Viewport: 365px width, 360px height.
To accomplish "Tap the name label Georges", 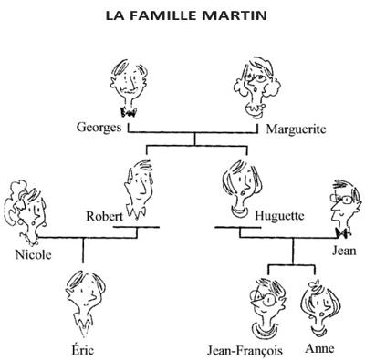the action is (99, 128).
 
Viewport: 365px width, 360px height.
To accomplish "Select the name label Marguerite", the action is (296, 129).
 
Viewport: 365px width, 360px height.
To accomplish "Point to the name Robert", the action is (105, 216).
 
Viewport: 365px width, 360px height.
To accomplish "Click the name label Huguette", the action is (279, 216).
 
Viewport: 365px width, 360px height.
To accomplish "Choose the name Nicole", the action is (33, 254).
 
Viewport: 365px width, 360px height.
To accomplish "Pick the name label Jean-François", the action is (245, 350).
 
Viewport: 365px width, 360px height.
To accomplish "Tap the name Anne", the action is (319, 348).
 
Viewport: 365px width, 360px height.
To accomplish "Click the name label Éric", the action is (83, 349).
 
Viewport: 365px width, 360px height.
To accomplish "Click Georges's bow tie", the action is (129, 112).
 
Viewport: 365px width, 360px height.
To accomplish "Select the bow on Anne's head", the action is (314, 284).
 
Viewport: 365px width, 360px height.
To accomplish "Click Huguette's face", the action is (242, 185).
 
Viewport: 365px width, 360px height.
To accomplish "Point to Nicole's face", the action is (33, 212).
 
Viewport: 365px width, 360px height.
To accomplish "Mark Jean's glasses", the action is (343, 199).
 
